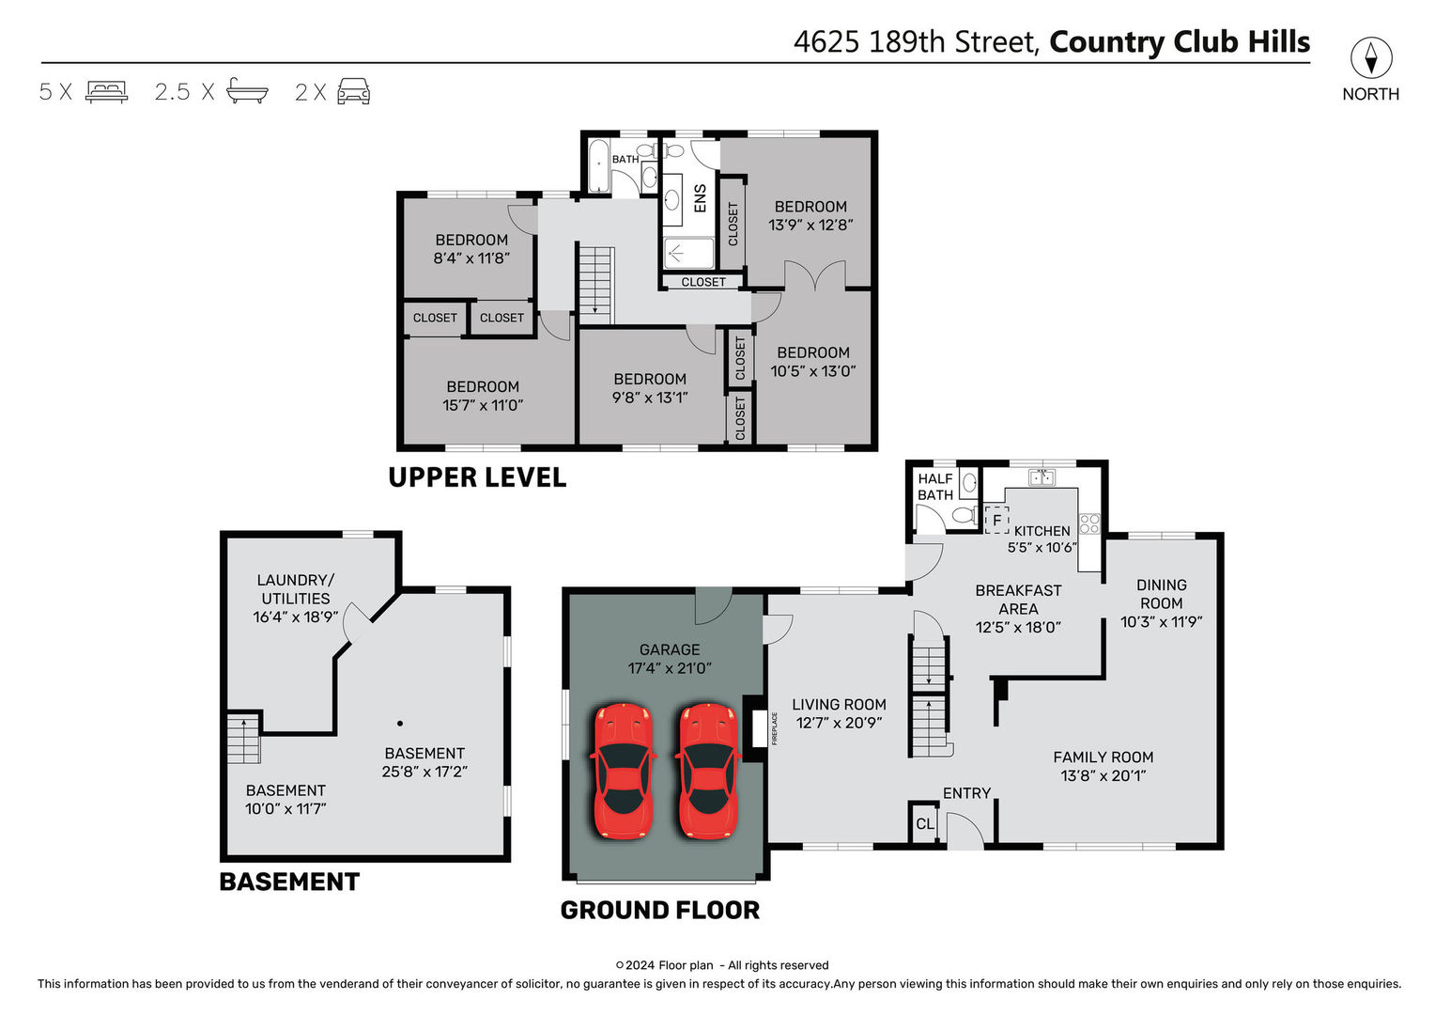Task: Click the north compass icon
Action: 1371,57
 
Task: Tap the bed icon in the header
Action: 107,92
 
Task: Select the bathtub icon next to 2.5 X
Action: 247,91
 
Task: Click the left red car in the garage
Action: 623,771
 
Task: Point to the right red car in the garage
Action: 708,771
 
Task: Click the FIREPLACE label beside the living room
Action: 774,728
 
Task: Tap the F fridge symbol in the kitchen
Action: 996,520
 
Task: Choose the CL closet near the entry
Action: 924,824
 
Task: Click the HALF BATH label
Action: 935,487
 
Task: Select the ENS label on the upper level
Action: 701,198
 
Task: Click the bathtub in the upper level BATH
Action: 599,165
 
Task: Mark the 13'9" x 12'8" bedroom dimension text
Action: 810,225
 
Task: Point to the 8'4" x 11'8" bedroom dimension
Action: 471,258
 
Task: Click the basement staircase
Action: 243,740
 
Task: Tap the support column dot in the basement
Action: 400,724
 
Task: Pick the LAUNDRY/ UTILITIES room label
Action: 295,589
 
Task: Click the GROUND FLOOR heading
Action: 660,911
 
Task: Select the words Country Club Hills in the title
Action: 1180,42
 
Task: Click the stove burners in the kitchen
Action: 1089,523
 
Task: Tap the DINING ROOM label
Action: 1161,594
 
